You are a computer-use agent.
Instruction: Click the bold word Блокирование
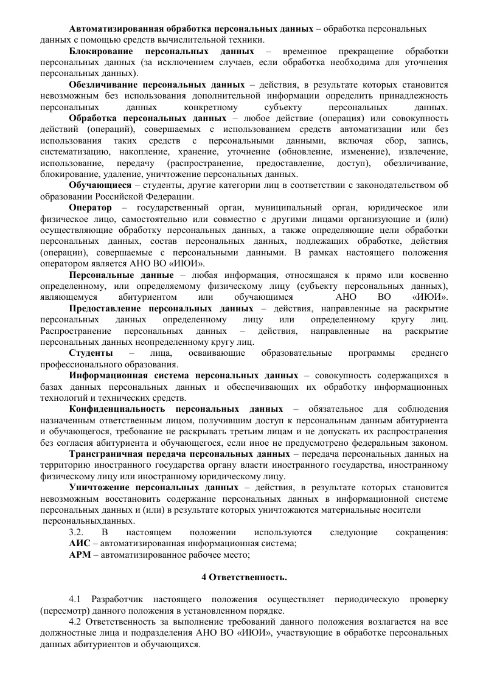(x=99, y=51)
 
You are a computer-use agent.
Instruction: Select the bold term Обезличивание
(x=103, y=85)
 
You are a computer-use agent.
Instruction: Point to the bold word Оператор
(x=91, y=207)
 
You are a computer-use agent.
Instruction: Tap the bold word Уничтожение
(x=99, y=488)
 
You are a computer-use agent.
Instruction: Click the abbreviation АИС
(x=80, y=544)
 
